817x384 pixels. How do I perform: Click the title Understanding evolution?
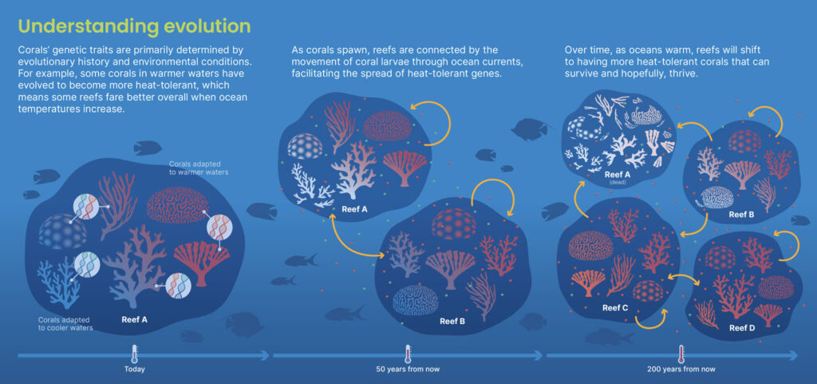pos(134,26)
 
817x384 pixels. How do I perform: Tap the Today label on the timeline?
pos(134,370)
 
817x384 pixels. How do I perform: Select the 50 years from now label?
pos(408,370)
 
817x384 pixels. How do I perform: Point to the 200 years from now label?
pos(681,370)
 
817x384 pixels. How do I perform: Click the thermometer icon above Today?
pos(134,354)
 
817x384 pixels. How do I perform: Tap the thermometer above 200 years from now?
pos(681,354)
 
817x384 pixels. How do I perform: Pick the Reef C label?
pos(615,308)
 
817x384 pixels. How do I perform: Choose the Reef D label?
pos(742,328)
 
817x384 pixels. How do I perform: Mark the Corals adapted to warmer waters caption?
pos(199,167)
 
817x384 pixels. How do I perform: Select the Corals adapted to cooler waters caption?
pos(65,323)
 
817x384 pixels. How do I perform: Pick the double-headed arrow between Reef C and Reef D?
pos(683,279)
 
